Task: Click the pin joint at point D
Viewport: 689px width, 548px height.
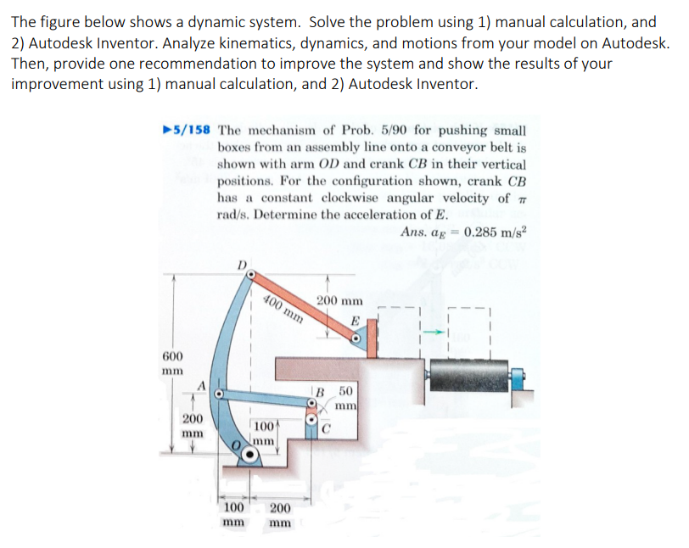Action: [251, 277]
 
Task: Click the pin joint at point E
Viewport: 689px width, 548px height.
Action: [357, 338]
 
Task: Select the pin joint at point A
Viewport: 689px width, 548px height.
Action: [218, 394]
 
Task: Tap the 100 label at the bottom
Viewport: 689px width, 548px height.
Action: [233, 508]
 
